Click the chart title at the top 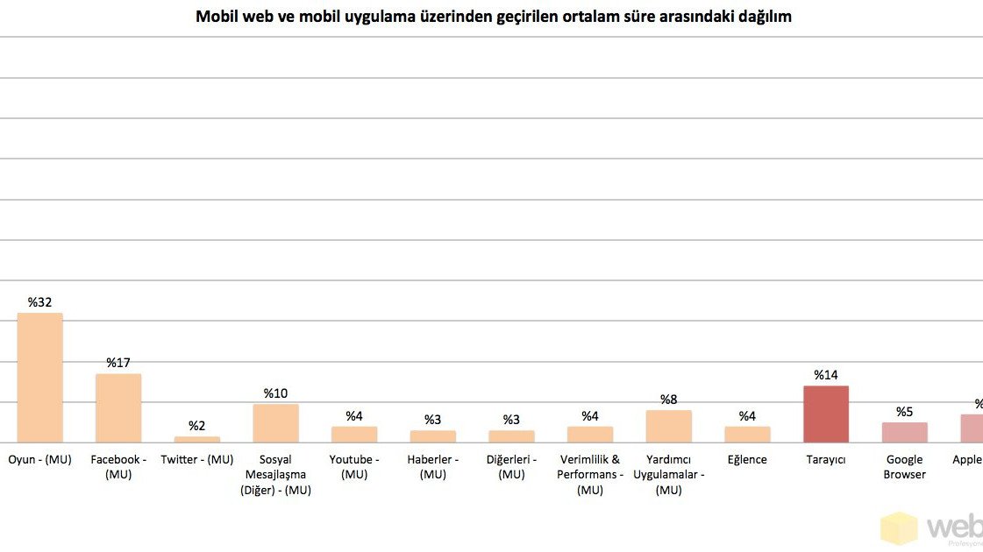[493, 17]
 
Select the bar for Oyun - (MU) [40, 378]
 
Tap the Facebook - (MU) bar [118, 408]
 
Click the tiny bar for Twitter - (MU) [197, 439]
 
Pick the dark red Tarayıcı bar [826, 414]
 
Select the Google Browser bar [904, 432]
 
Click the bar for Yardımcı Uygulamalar [668, 426]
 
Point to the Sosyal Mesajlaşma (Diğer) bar [275, 423]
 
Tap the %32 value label [40, 302]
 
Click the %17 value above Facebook [118, 363]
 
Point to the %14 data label [826, 375]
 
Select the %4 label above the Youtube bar [354, 416]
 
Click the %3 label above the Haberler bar [432, 420]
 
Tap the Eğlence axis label [747, 460]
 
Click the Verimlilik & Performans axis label [590, 474]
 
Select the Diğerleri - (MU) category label [511, 467]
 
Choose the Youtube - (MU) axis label [354, 467]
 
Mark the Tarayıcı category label [826, 460]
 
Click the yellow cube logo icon [899, 528]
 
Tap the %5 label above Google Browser [904, 412]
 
